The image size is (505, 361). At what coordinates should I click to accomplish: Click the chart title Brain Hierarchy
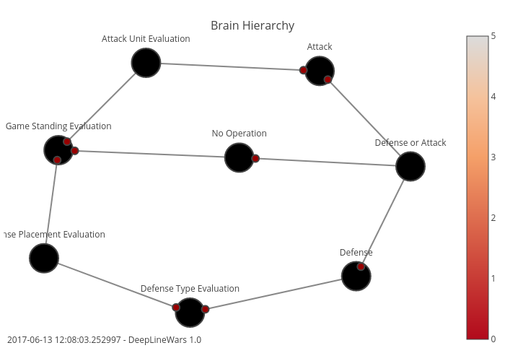[252, 25]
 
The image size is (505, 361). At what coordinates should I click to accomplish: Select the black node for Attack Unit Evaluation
[146, 63]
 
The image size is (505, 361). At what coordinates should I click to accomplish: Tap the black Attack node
[320, 71]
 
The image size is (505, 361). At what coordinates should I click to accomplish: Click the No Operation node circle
[239, 157]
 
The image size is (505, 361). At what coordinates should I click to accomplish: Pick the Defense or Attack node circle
[410, 167]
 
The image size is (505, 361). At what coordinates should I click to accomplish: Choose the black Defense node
[356, 276]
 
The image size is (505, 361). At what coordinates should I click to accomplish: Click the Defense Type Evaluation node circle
[190, 312]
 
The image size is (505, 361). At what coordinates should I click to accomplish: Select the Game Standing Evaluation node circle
[58, 149]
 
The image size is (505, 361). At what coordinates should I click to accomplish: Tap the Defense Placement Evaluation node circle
[44, 258]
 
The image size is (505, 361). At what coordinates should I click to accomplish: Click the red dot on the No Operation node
[255, 158]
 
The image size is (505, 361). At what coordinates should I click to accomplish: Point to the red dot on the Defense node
[361, 266]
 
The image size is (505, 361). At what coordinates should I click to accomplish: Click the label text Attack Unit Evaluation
[146, 39]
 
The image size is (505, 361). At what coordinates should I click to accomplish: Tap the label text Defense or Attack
[410, 143]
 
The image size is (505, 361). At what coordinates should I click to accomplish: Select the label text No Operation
[239, 134]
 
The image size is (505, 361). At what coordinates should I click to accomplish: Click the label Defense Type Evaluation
[190, 289]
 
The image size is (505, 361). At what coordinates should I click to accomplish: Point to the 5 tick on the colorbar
[493, 36]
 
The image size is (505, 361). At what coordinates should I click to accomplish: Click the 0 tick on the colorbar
[493, 339]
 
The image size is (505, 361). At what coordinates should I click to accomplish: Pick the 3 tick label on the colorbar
[493, 157]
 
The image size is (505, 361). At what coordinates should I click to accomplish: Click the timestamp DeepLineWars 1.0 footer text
[104, 339]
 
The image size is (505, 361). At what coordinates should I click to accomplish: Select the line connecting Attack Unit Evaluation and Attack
[231, 66]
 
